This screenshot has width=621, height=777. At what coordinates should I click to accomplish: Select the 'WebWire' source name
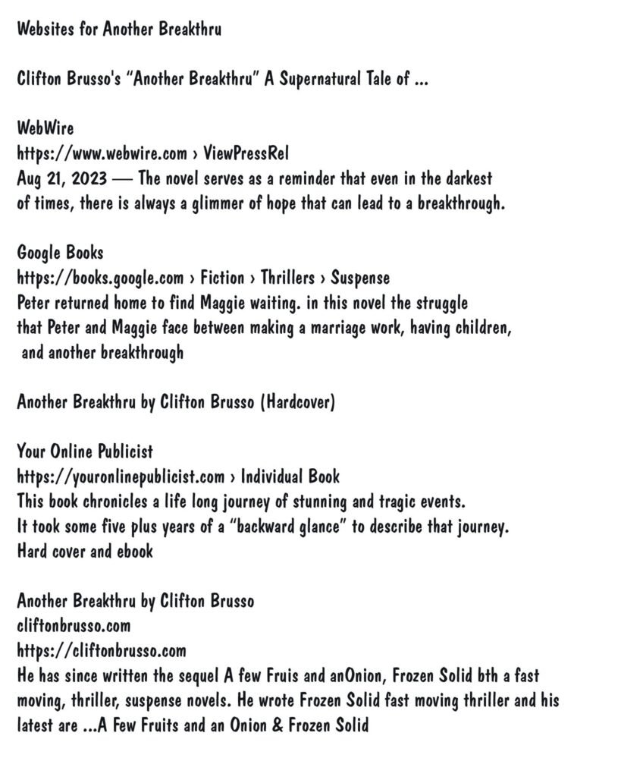(45, 129)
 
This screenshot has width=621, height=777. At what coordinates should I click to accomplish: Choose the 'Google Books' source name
(60, 253)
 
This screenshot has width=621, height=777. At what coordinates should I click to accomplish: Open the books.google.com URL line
(203, 278)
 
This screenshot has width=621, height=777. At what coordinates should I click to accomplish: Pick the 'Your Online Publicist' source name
(85, 451)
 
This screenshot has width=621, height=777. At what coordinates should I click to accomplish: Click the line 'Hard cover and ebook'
(85, 552)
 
